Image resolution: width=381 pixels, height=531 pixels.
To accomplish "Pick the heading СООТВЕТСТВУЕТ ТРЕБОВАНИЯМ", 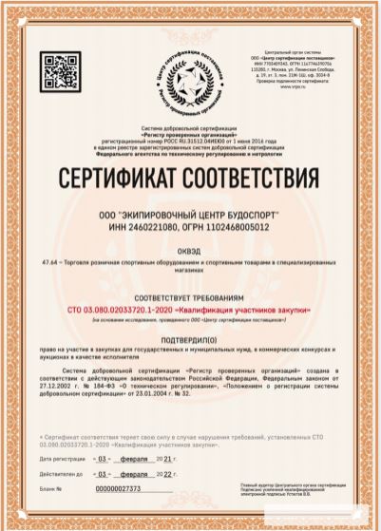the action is [x=191, y=297].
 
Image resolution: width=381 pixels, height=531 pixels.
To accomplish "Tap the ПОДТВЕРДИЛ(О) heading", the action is [x=191, y=339].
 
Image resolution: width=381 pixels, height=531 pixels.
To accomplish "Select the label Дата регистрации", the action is [x=63, y=458].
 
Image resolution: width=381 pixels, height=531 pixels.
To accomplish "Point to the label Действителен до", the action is [x=62, y=472].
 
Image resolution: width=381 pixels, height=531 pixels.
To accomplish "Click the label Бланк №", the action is [x=51, y=488].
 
